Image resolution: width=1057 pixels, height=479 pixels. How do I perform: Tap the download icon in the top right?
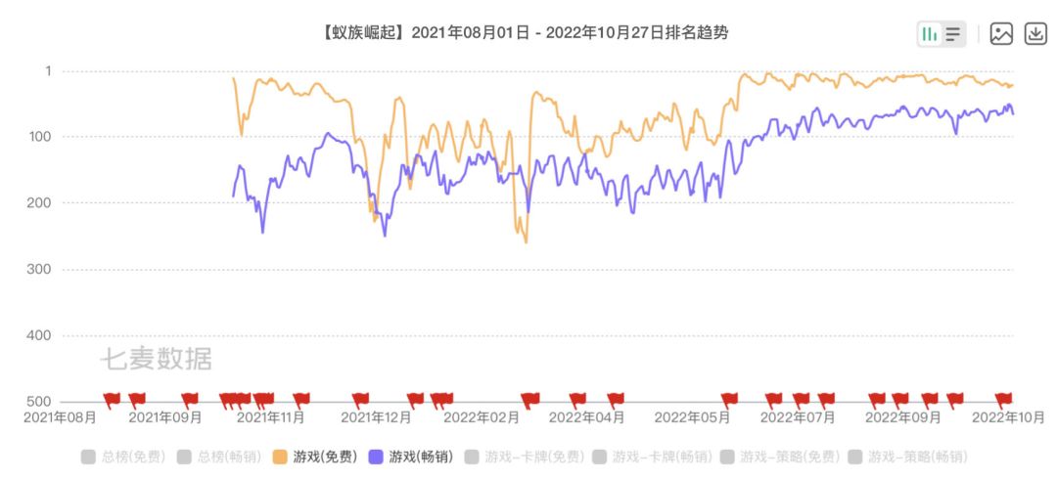1035,34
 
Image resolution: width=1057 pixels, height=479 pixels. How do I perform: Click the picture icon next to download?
1001,34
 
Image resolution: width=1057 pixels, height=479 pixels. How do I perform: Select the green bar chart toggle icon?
929,34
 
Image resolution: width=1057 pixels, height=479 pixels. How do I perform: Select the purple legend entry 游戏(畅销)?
412,457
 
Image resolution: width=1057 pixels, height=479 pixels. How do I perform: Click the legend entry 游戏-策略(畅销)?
910,457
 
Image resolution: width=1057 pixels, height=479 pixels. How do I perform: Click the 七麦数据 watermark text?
156,360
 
